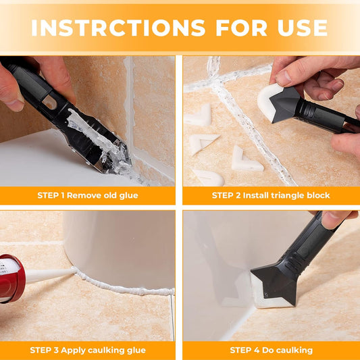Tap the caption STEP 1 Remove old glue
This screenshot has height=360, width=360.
88,195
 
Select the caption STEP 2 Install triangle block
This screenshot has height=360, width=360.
271,195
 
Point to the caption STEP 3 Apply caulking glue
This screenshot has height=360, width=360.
88,350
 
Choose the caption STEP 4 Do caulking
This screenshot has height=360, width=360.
271,350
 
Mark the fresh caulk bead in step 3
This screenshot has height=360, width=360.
122,285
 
